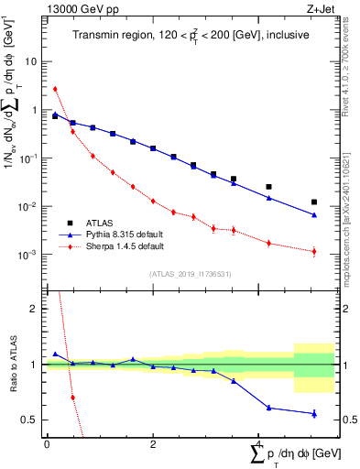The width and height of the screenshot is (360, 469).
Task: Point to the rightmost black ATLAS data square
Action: [x=314, y=202]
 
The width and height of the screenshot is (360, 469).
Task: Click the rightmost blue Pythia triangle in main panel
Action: [x=314, y=215]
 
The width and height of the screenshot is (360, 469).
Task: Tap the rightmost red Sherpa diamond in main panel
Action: [x=314, y=251]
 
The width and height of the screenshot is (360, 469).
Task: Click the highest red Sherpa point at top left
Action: [x=56, y=89]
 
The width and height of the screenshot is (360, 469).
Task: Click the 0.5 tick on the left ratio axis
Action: [x=29, y=420]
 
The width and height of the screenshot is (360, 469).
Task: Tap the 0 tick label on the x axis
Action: [x=47, y=444]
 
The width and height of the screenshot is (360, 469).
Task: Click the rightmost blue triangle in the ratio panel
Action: [x=314, y=413]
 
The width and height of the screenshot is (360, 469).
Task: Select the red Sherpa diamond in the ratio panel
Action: [x=72, y=398]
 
